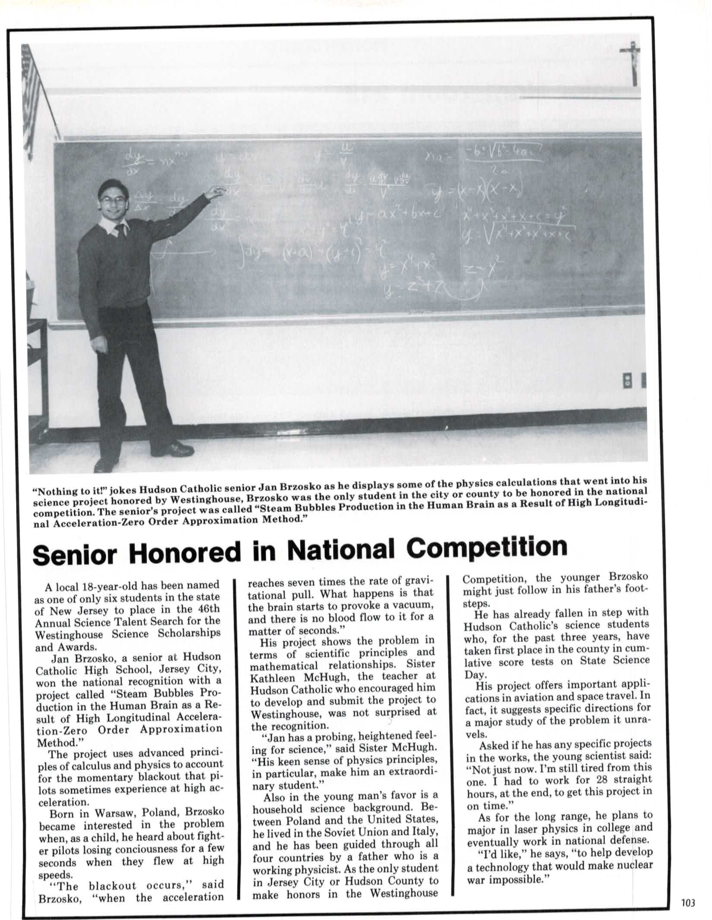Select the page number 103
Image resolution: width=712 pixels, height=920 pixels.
688,903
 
